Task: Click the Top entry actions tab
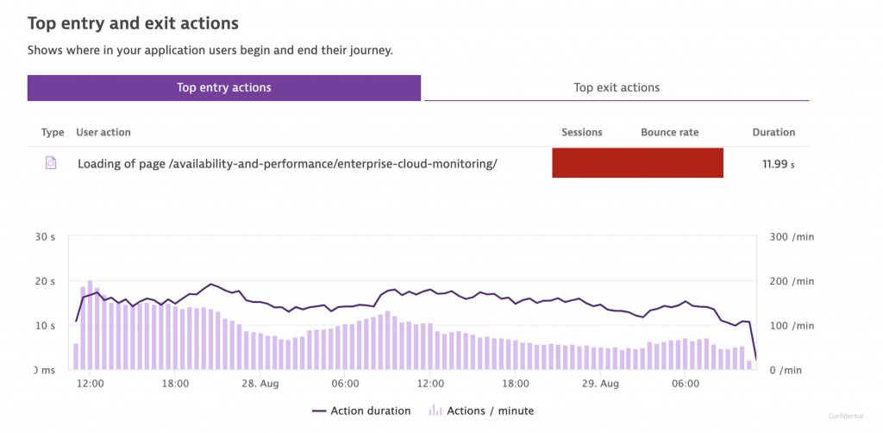(x=223, y=87)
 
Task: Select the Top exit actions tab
(x=616, y=87)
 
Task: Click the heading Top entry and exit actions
(x=133, y=23)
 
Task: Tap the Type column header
(x=53, y=132)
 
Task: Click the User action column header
(x=103, y=132)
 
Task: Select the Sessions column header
(x=581, y=132)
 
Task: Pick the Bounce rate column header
(x=669, y=132)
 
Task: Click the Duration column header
(x=773, y=132)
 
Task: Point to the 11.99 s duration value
(x=773, y=163)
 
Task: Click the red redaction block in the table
(x=637, y=163)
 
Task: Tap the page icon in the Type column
(x=51, y=163)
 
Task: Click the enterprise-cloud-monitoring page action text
(x=287, y=163)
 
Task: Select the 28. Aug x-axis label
(x=259, y=384)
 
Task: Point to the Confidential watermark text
(x=846, y=416)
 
